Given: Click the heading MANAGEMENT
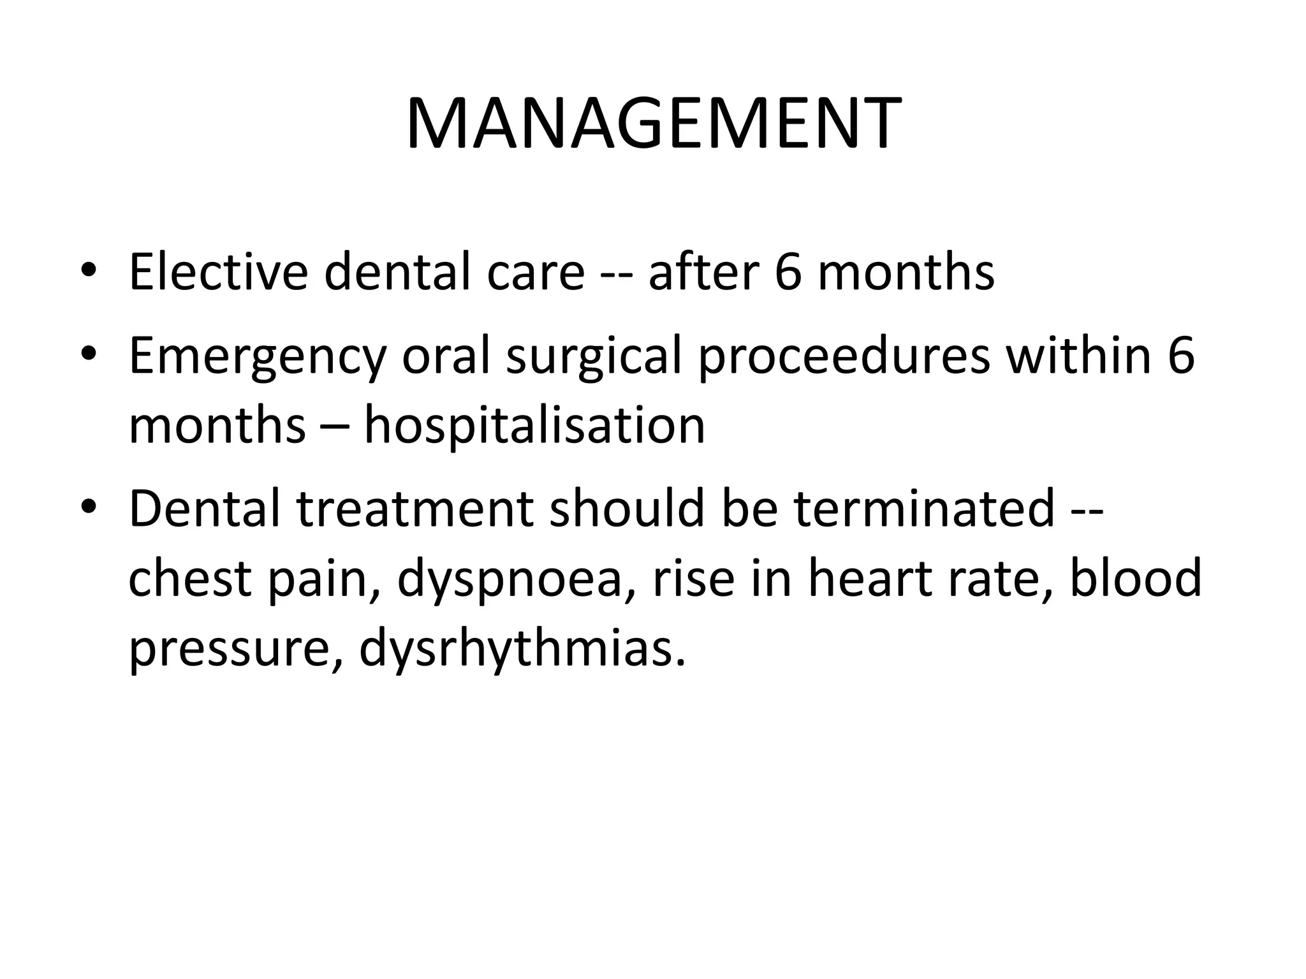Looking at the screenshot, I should [x=653, y=124].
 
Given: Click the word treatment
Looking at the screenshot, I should [x=415, y=509].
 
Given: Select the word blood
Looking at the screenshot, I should [x=1135, y=579].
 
